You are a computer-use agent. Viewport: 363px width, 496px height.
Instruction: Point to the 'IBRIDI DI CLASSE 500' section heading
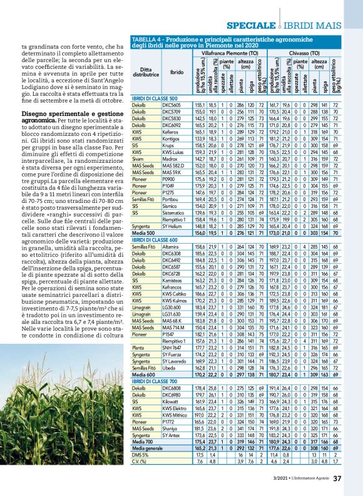(x=152, y=100)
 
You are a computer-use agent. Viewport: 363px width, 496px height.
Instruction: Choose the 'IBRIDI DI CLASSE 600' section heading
(x=152, y=240)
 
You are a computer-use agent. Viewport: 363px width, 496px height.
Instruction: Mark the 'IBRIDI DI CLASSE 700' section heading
(x=152, y=380)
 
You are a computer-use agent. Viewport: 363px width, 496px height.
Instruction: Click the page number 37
(x=337, y=479)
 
